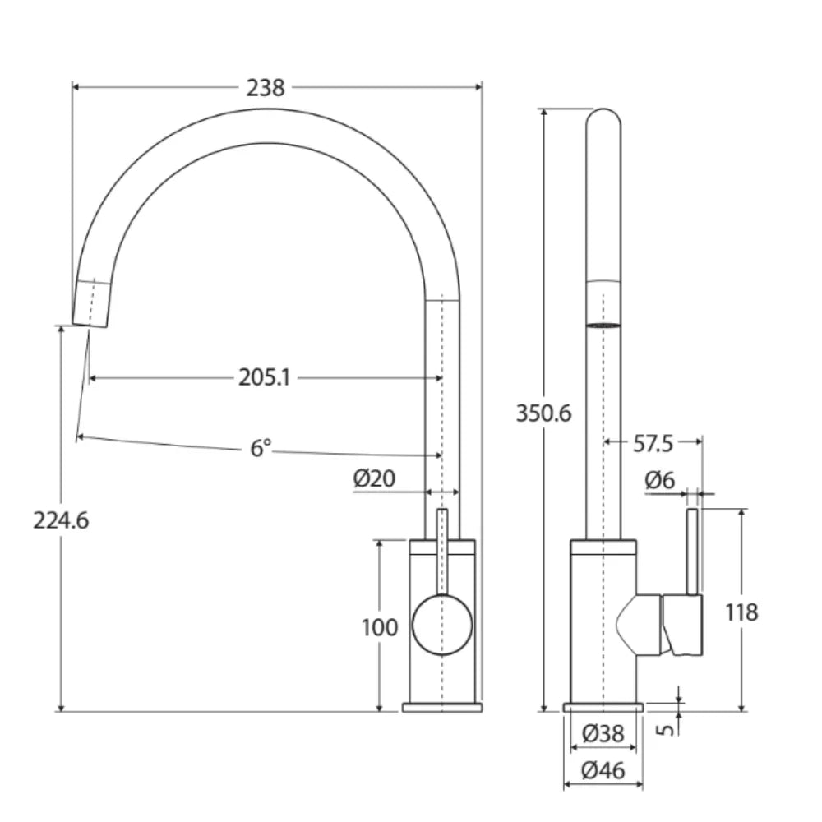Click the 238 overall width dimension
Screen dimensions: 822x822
click(x=266, y=87)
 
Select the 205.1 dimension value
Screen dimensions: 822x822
click(x=265, y=377)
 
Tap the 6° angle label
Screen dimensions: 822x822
click(x=261, y=448)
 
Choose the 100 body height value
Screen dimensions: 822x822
click(x=380, y=628)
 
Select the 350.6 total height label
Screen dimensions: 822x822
click(x=543, y=413)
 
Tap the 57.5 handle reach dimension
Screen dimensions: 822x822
click(x=653, y=444)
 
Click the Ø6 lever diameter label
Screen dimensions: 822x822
click(x=659, y=481)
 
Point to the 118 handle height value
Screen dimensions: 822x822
click(x=742, y=612)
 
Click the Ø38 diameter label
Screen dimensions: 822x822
click(x=603, y=733)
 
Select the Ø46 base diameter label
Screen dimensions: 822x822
click(x=603, y=771)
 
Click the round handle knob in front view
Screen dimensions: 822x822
click(x=442, y=625)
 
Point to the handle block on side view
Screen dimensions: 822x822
click(x=682, y=625)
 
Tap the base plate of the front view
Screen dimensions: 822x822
click(x=442, y=707)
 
